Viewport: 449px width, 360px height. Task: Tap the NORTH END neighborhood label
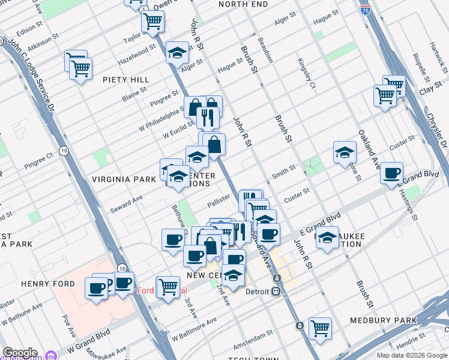tap(243, 4)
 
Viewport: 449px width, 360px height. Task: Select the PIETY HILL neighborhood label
tap(125, 79)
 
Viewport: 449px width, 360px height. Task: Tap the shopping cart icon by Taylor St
tap(152, 21)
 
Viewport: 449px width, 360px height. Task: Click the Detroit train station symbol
tap(276, 292)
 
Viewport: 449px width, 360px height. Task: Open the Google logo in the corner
tap(20, 353)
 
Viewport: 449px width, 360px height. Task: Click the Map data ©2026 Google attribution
tap(412, 355)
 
